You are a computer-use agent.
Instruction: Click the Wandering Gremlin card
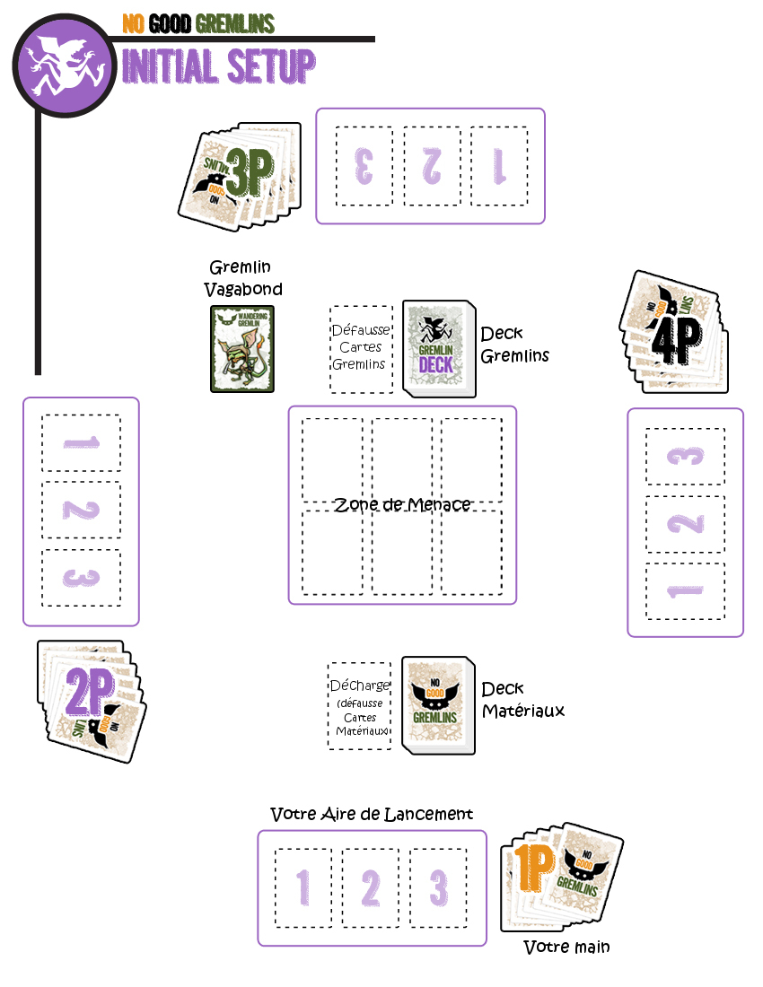tap(242, 349)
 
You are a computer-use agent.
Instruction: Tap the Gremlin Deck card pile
tap(438, 348)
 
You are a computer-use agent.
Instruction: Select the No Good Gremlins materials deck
tap(437, 705)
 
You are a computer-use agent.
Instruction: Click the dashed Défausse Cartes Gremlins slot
tap(361, 349)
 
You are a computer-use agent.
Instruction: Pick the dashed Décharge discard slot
tap(359, 706)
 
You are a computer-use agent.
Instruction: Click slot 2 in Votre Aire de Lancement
tap(371, 887)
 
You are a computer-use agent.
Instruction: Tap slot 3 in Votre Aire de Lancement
tap(438, 887)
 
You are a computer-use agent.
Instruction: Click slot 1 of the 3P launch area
tap(499, 167)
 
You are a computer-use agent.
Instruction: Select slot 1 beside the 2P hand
tap(81, 443)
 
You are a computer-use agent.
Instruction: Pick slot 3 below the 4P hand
tap(685, 457)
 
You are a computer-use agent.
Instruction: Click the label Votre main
tap(566, 947)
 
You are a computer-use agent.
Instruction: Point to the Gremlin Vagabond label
tap(242, 278)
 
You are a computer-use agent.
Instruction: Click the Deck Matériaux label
tap(522, 700)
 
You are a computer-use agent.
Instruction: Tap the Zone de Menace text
tap(402, 504)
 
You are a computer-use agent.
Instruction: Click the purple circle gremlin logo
tap(63, 62)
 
